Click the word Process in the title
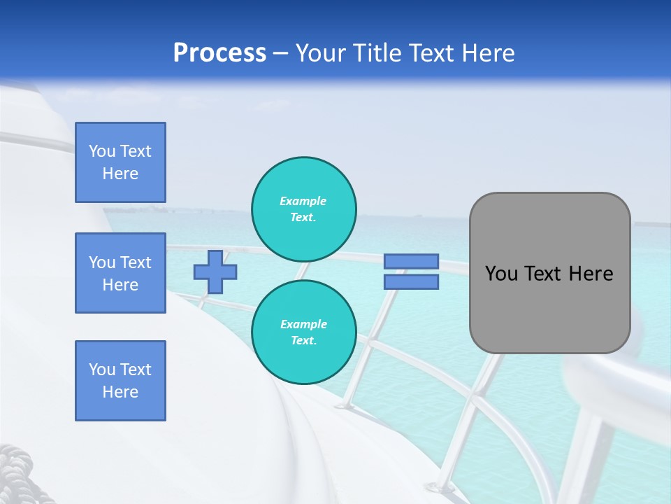219,52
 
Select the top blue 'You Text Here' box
120,162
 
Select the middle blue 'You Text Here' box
120,273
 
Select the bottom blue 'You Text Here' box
120,381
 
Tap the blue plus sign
215,272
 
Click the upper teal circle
304,209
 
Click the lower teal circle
304,332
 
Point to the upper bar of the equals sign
411,261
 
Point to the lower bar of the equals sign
411,281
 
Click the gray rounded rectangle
550,308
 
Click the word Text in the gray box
544,274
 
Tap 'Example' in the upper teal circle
303,201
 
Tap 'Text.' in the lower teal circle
303,341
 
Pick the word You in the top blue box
102,151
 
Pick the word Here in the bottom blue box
120,392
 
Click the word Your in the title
322,52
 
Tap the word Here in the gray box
591,274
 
